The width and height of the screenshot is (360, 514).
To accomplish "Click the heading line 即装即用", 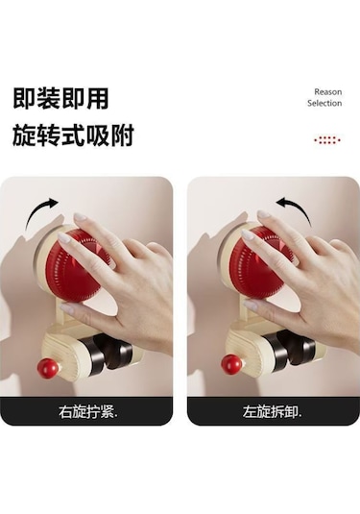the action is (60, 98).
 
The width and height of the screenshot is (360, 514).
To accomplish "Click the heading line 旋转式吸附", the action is (73, 135).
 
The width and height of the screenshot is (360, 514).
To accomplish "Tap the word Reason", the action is (328, 92).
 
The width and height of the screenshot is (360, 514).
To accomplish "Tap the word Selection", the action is (324, 103).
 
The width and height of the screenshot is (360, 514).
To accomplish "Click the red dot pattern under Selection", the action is (327, 140).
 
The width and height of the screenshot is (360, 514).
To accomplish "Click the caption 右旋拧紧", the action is (87, 412).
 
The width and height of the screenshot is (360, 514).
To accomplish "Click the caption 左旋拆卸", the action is (272, 412).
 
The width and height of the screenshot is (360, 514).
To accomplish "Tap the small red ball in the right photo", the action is (231, 363).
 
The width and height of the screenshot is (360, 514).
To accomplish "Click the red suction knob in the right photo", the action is (260, 262).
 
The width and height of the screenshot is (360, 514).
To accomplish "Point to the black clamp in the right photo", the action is (290, 349).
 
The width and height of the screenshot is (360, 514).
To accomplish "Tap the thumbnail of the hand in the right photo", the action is (251, 306).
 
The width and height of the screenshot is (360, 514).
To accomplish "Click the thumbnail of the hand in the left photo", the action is (67, 308).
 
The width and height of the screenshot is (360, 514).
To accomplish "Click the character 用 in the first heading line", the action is (98, 98).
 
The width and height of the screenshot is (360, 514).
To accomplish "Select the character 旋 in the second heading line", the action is (24, 135).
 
